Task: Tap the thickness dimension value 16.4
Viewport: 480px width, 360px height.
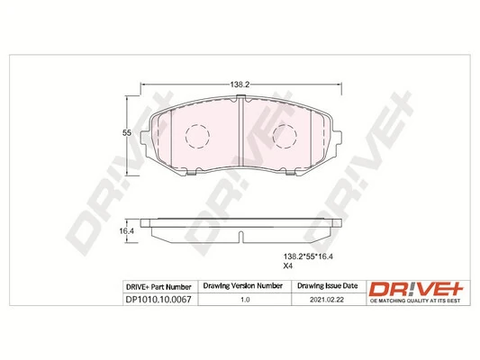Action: click(127, 230)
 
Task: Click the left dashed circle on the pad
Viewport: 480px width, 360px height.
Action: click(196, 137)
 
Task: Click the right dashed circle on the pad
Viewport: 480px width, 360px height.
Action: click(285, 137)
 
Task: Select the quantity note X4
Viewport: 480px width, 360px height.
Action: click(289, 266)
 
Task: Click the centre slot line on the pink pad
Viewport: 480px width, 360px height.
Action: click(240, 135)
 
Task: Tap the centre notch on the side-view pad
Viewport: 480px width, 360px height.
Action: click(240, 238)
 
